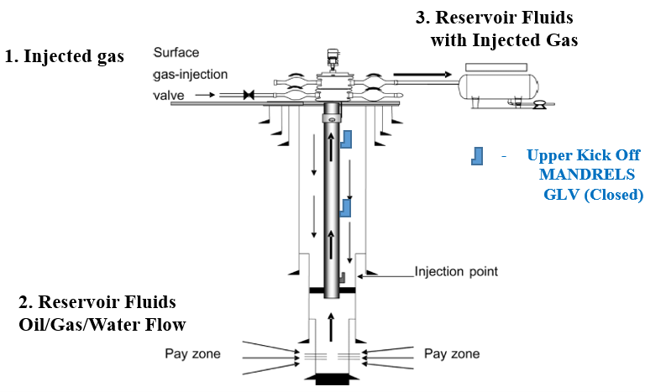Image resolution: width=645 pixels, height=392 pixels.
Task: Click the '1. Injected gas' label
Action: [65, 57]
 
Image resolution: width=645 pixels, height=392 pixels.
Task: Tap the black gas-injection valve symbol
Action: [249, 96]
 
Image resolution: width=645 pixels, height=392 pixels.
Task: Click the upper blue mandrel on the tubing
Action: [345, 140]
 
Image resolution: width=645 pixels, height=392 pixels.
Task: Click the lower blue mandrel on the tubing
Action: [345, 208]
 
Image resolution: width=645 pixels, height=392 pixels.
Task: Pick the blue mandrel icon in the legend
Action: [476, 156]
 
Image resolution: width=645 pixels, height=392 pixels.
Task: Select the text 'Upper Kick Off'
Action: [583, 155]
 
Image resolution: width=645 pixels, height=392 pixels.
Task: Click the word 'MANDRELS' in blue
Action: [586, 175]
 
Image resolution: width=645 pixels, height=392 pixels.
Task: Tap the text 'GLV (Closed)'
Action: [594, 195]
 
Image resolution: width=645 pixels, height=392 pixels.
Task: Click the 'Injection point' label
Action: [457, 271]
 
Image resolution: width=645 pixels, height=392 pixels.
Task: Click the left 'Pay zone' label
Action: [192, 353]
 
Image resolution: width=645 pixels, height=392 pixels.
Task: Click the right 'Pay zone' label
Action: [453, 353]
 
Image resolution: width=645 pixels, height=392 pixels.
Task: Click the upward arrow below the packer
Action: [333, 324]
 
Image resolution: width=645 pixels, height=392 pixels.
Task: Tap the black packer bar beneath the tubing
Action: [333, 290]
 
